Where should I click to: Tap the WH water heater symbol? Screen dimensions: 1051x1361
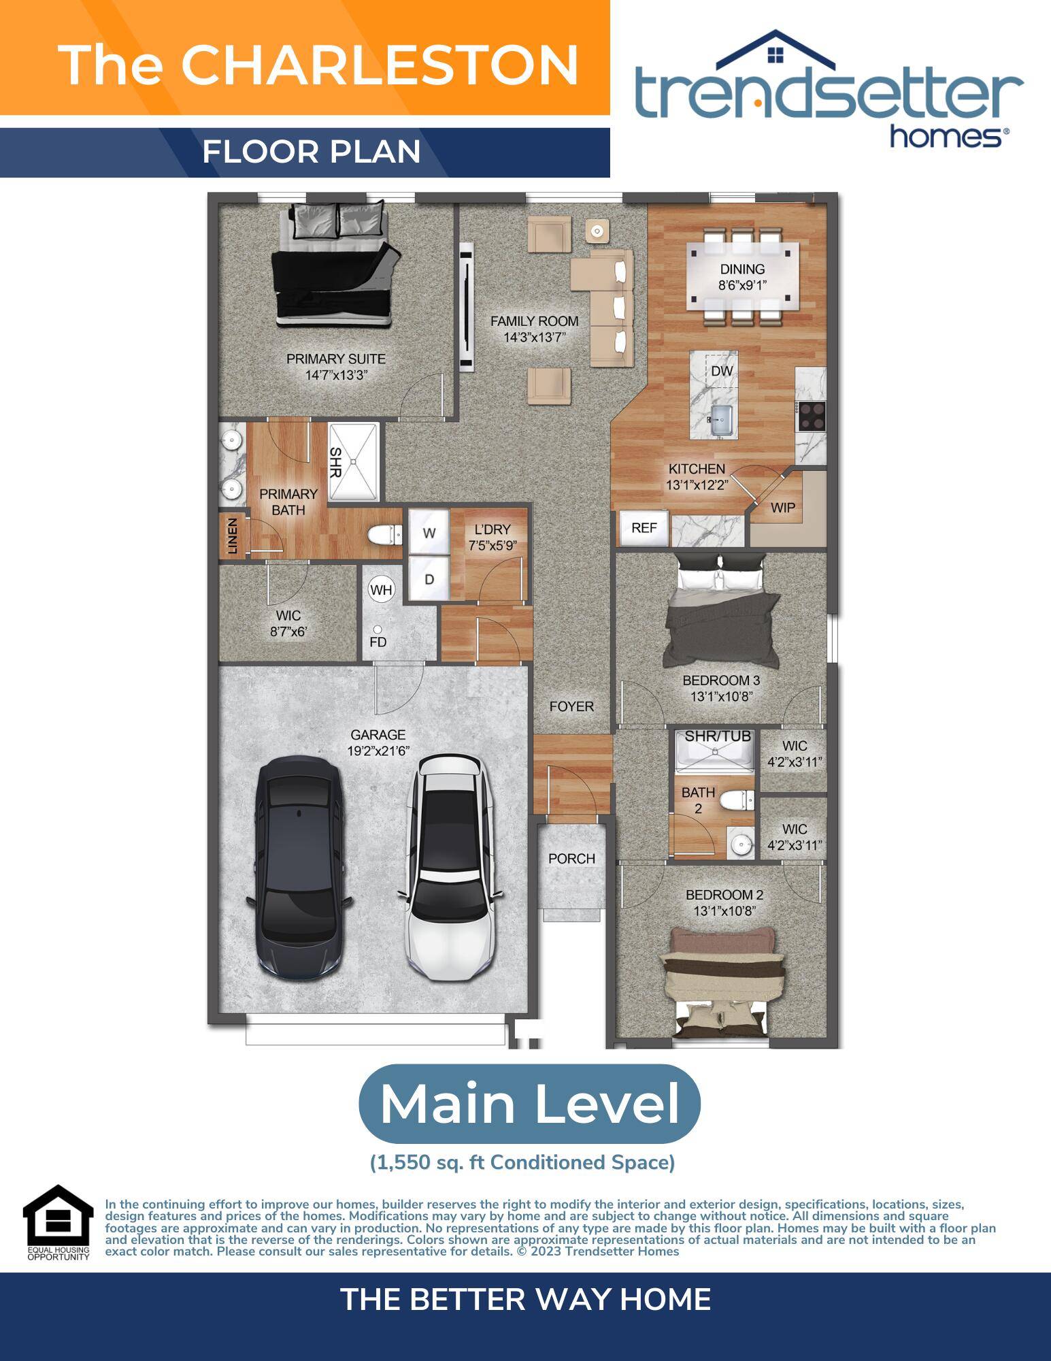[382, 589]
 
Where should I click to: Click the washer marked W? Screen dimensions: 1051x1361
[429, 533]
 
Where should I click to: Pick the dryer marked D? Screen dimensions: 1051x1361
[429, 579]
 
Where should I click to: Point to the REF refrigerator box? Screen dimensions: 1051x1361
[644, 528]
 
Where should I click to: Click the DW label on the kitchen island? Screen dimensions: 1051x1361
[722, 371]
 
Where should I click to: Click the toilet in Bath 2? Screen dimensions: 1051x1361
[737, 801]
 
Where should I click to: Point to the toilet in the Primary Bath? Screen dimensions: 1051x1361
[386, 535]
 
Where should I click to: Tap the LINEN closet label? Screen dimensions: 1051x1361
[233, 536]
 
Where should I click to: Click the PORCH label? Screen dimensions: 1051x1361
[571, 859]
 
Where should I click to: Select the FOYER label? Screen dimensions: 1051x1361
[571, 706]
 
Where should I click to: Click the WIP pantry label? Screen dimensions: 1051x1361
[783, 508]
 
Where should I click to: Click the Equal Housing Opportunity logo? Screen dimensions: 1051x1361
[59, 1223]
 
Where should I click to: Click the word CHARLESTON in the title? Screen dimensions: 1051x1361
[380, 65]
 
